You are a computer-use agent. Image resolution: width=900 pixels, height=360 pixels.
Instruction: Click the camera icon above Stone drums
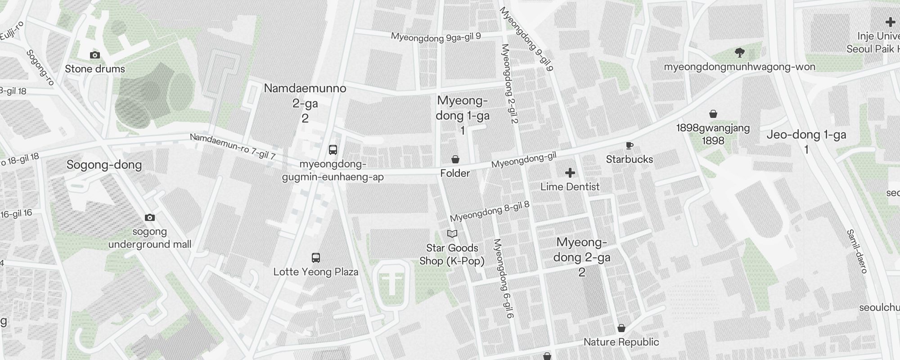point(95,55)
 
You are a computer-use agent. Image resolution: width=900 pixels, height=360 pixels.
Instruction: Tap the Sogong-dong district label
point(104,165)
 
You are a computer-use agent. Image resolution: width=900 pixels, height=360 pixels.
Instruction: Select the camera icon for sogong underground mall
point(150,218)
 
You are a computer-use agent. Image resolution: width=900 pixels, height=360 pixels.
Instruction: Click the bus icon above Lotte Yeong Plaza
point(316,258)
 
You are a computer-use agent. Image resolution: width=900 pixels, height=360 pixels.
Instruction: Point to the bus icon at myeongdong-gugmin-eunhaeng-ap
point(333,150)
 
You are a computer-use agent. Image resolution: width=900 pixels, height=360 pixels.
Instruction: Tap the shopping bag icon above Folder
point(455,159)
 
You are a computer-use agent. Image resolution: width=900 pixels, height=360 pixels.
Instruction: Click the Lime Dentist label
point(570,187)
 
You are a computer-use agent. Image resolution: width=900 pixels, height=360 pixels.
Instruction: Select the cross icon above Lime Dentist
point(570,173)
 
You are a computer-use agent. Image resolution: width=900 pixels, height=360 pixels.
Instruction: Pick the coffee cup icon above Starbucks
point(629,145)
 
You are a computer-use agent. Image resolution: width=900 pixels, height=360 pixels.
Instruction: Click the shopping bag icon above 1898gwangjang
point(713,114)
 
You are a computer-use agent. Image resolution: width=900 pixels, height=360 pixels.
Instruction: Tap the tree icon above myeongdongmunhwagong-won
point(739,53)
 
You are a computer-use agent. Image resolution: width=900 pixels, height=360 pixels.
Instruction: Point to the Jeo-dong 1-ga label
point(806,135)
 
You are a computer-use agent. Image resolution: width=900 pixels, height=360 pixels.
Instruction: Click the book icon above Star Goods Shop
point(452,234)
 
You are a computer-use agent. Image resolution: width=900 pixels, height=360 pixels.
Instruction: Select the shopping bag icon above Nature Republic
point(621,328)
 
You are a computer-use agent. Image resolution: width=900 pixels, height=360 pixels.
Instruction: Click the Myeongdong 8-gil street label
point(490,212)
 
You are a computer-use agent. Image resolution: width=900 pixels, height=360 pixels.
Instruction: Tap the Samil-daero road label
point(857,251)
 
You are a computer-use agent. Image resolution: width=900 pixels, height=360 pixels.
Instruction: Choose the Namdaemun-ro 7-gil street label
point(233,146)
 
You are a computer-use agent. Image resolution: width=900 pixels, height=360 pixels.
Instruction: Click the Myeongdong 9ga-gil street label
point(436,37)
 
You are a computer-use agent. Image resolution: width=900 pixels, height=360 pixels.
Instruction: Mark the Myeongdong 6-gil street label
point(504,279)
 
